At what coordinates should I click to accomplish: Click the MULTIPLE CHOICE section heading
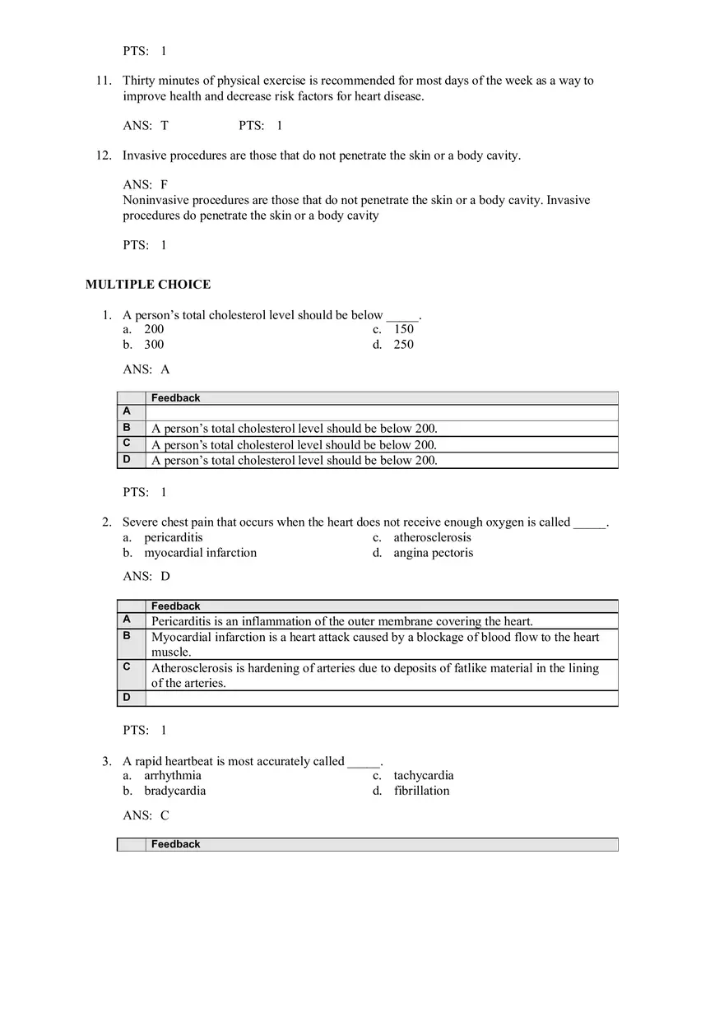click(x=148, y=285)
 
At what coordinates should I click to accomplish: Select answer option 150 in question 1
click(x=403, y=329)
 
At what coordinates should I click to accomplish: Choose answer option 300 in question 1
click(x=154, y=345)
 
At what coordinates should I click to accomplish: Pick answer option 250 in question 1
click(x=403, y=345)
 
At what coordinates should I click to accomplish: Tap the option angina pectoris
click(x=433, y=553)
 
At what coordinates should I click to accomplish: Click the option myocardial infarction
click(x=200, y=553)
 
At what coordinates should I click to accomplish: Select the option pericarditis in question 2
click(x=173, y=537)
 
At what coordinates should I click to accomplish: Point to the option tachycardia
click(x=423, y=775)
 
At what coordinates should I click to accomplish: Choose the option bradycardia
click(x=174, y=791)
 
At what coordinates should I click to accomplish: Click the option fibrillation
click(x=421, y=791)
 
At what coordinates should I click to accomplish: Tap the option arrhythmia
click(x=172, y=775)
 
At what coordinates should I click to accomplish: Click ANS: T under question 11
click(x=146, y=126)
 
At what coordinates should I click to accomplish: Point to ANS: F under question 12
click(x=146, y=185)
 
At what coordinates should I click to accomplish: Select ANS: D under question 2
click(x=146, y=577)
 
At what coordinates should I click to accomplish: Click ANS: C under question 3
click(x=146, y=815)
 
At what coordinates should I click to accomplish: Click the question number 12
click(x=104, y=156)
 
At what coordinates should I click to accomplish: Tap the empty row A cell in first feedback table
click(x=381, y=412)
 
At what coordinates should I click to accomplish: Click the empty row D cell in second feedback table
click(x=381, y=698)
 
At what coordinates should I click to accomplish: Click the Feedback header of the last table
click(x=175, y=844)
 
